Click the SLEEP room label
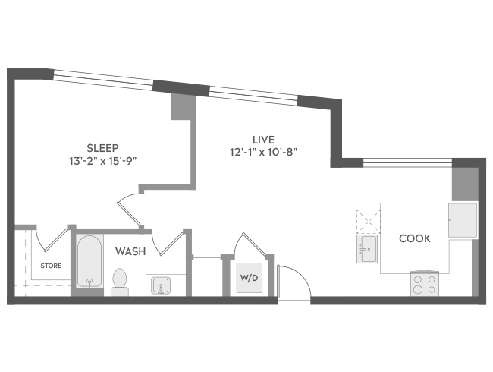click(102, 148)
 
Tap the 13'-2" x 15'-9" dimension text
click(103, 162)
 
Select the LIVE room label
click(263, 140)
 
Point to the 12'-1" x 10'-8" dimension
click(263, 153)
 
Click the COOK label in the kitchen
click(415, 238)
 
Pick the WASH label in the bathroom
click(130, 251)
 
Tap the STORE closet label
click(51, 266)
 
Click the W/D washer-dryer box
click(250, 278)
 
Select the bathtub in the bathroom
click(89, 261)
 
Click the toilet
click(119, 282)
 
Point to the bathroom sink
click(161, 285)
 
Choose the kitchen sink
click(367, 248)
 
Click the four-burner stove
click(425, 284)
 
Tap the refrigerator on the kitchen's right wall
click(463, 220)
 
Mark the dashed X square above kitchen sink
click(368, 222)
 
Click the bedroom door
click(130, 213)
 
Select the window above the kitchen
click(407, 162)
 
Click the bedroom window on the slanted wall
click(103, 80)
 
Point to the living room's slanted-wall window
click(253, 96)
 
